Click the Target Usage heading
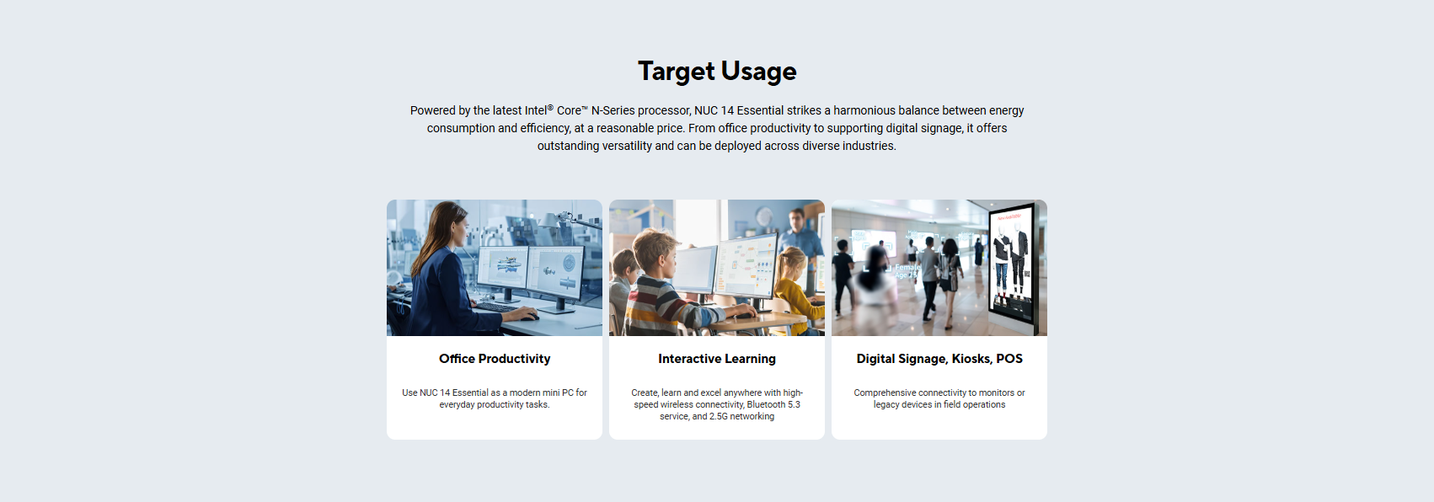[717, 71]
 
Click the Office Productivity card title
[495, 359]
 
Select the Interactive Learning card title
[717, 359]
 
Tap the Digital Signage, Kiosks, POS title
[939, 359]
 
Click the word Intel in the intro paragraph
[535, 110]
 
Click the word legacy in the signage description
[887, 404]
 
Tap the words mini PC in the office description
[553, 393]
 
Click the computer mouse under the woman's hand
[529, 317]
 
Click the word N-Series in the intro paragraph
[613, 110]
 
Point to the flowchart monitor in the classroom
[746, 265]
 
